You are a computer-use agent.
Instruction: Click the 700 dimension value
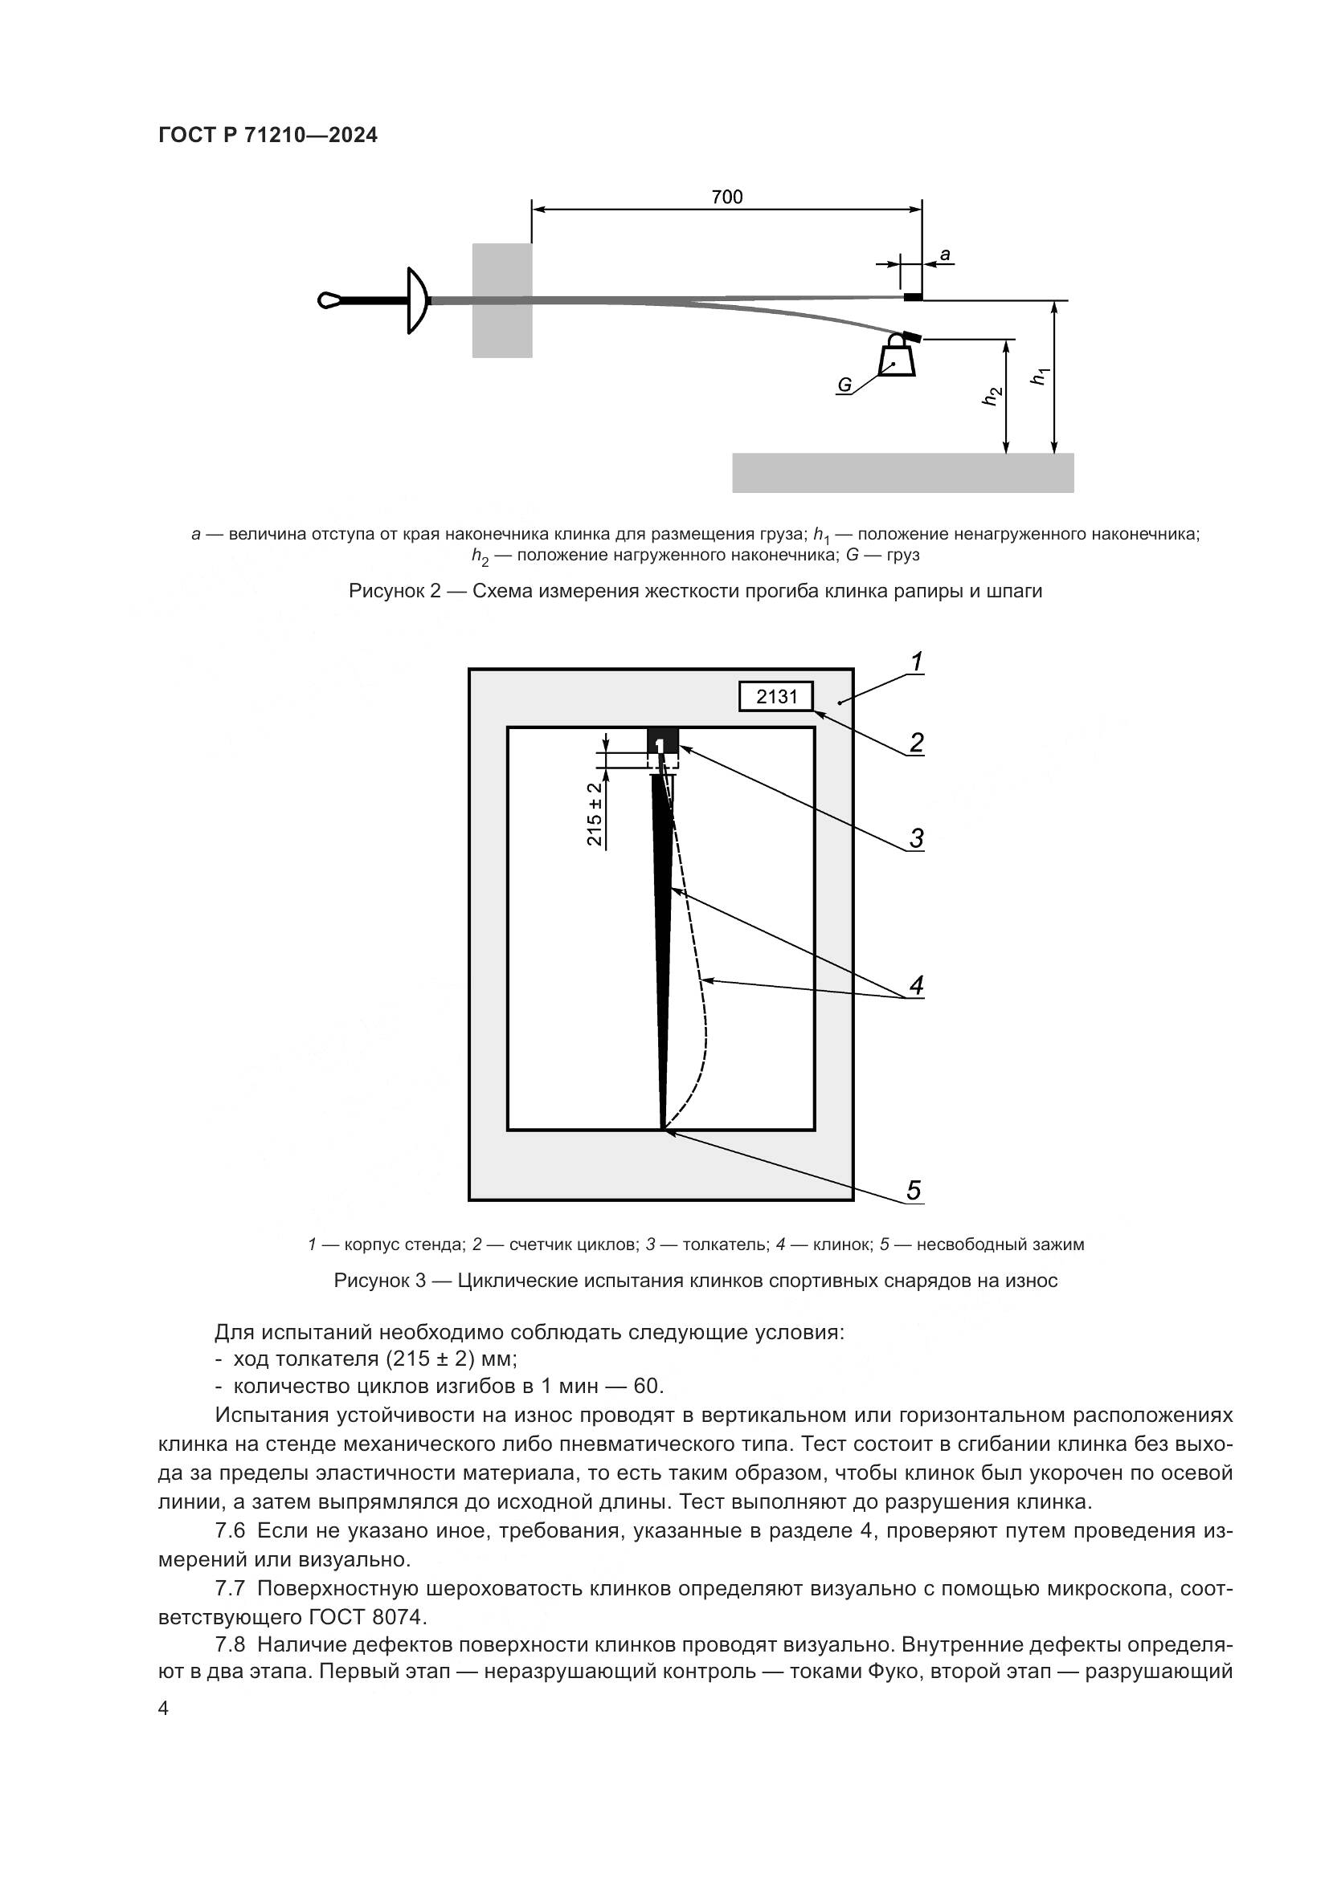pos(726,198)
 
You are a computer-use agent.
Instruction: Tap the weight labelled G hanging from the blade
pos(897,358)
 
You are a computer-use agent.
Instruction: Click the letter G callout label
pos(844,385)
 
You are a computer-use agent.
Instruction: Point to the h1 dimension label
pos(1040,377)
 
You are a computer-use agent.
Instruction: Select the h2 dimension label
pos(992,396)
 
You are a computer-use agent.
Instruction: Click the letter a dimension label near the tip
pos(945,255)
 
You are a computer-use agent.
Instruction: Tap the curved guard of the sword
pos(417,300)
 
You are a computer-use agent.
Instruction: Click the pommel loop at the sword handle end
pos(329,300)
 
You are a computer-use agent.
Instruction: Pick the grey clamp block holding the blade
pos(501,300)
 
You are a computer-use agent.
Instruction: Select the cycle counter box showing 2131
pos(776,696)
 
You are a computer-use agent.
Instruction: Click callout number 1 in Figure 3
pos(918,662)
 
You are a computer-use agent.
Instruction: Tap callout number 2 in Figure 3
pos(917,743)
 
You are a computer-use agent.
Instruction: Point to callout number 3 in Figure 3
pos(917,838)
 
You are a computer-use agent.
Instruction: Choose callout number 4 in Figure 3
pos(917,985)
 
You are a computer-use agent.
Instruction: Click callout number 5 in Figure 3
pos(914,1190)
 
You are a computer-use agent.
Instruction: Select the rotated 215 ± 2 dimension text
pos(595,814)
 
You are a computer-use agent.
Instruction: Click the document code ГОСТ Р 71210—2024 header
pos(268,136)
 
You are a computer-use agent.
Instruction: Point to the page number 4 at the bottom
pos(164,1709)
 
